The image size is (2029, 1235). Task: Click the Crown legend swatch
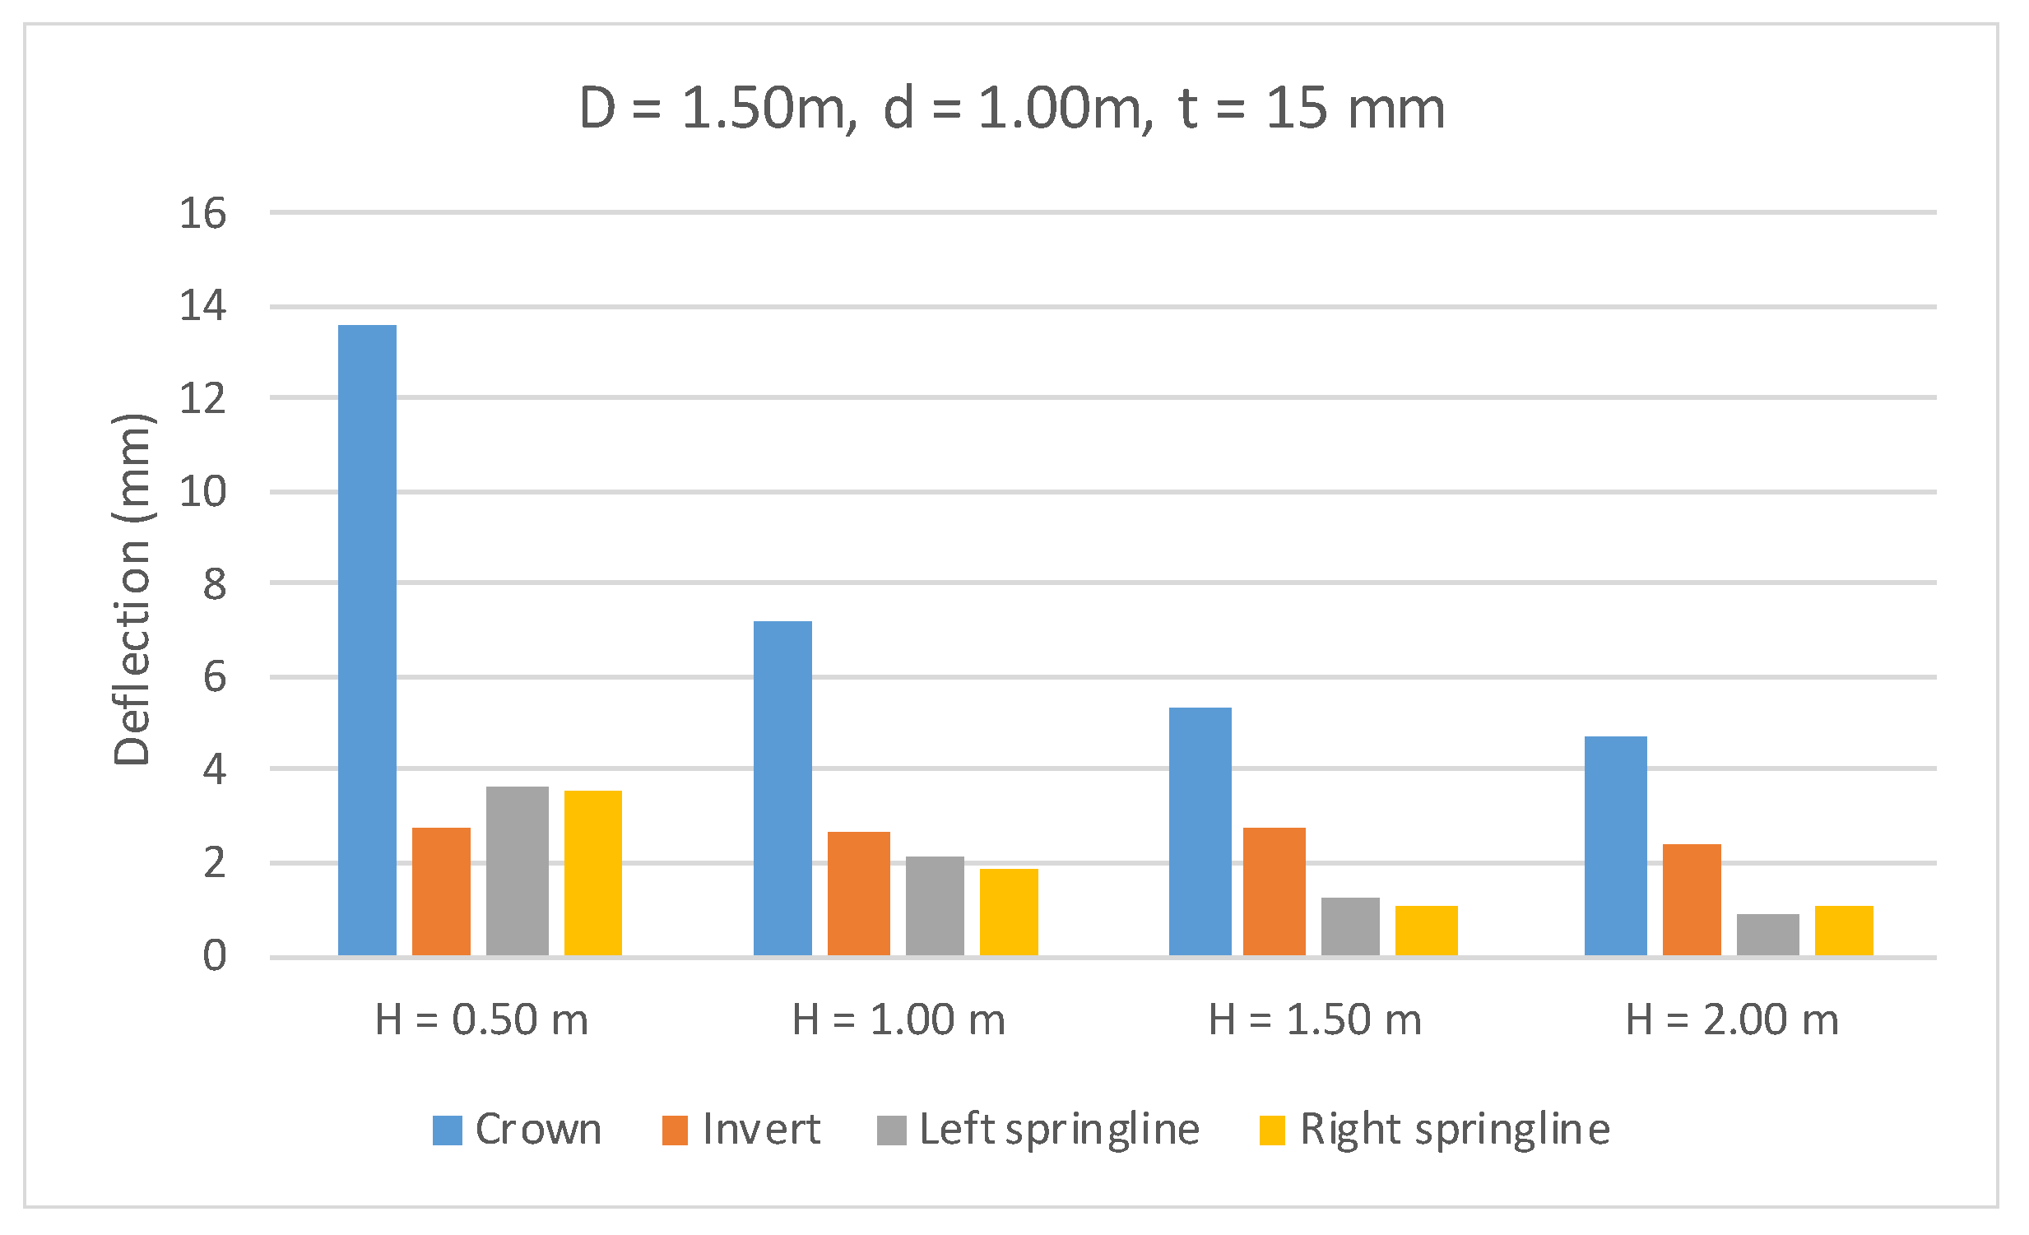pos(447,1131)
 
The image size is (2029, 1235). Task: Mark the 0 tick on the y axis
pos(214,957)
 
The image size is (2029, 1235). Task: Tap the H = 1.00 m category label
pos(898,1020)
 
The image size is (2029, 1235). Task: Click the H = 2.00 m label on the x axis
pos(1732,1020)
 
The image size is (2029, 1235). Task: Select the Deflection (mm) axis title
pos(132,588)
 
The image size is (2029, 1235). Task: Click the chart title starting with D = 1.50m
pos(1012,109)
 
